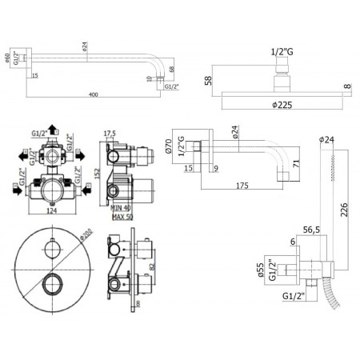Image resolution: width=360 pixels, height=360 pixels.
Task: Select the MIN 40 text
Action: point(122,206)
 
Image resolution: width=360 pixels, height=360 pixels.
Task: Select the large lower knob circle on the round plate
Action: point(54,282)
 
